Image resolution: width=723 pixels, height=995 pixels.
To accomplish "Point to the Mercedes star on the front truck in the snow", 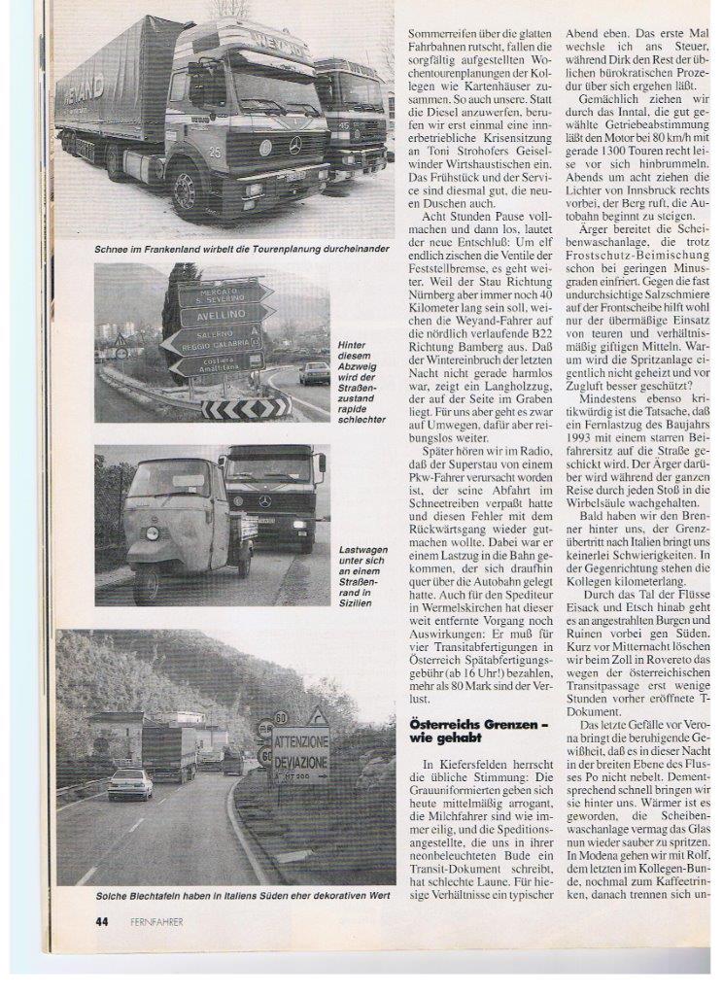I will point(295,146).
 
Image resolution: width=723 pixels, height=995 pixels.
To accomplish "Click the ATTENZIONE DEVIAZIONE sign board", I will point(300,752).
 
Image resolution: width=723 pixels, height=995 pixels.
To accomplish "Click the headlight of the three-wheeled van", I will point(152,532).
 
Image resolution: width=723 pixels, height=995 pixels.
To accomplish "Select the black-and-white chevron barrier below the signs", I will point(246,408).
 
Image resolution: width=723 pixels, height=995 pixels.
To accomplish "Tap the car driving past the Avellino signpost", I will point(313,373).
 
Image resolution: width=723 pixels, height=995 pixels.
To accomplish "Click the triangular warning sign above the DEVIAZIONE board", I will point(317,717).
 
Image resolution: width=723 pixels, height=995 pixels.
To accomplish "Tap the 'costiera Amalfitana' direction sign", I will point(216,363).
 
